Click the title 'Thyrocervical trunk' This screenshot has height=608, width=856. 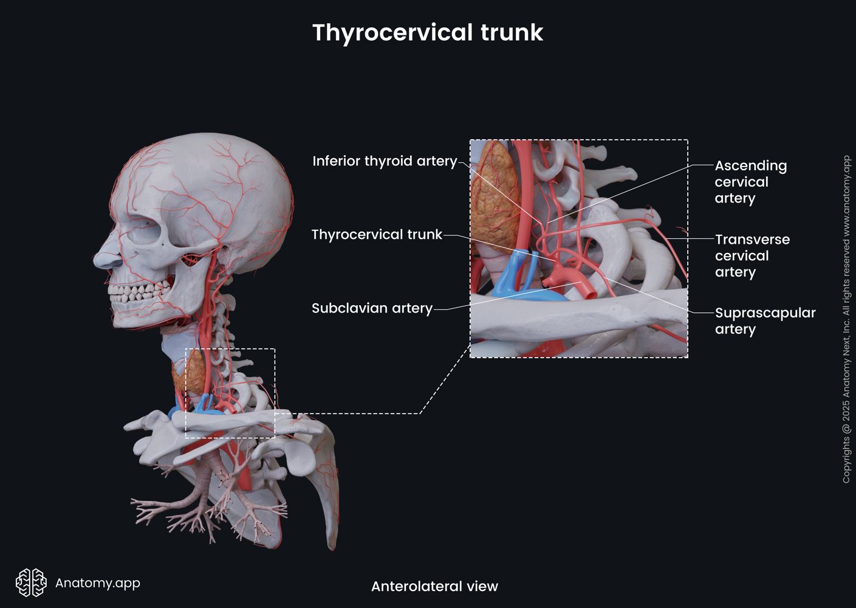tap(427, 32)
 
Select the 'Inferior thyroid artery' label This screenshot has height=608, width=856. tap(384, 161)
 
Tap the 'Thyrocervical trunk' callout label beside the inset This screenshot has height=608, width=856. tap(377, 235)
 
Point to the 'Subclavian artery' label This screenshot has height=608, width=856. tap(372, 308)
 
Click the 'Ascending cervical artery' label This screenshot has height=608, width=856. tap(750, 182)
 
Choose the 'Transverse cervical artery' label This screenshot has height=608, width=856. tap(752, 256)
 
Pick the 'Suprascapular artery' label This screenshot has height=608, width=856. tap(765, 321)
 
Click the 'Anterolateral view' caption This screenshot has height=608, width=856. tap(434, 587)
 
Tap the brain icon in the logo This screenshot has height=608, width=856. tap(31, 582)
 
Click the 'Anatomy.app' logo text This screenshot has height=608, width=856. tap(98, 583)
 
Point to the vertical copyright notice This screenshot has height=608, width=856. tap(846, 319)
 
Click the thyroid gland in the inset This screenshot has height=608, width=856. tap(495, 195)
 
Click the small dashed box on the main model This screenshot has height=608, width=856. tap(230, 393)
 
